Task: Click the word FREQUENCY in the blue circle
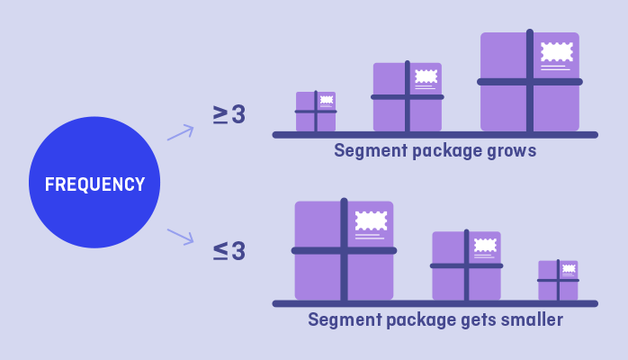pos(94,184)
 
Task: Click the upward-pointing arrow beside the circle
pos(180,132)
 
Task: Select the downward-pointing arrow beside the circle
pos(180,237)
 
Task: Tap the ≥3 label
pos(229,115)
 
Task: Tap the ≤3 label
pos(229,251)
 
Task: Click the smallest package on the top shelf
pos(316,112)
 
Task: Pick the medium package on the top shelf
pos(407,97)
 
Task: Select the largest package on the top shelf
pos(529,82)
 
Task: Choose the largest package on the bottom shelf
pos(344,250)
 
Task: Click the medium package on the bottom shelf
pos(466,265)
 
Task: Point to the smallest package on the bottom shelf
pos(558,280)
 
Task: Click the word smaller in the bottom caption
pos(531,319)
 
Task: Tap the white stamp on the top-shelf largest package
pos(557,51)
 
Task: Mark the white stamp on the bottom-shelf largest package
pos(371,220)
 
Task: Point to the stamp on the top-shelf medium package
pos(426,76)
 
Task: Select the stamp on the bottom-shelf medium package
pos(485,245)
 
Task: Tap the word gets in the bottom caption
pos(472,320)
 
